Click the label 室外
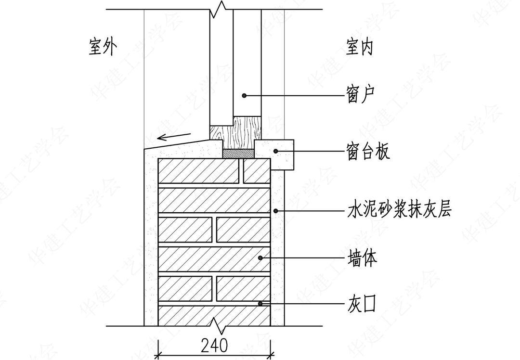click(x=103, y=47)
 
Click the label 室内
click(x=360, y=47)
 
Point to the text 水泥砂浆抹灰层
click(x=399, y=210)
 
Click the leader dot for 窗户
click(x=245, y=96)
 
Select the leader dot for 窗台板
click(x=276, y=151)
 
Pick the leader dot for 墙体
click(x=260, y=258)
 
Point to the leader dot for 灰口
click(x=260, y=304)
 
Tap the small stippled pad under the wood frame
click(x=238, y=153)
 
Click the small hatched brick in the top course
click(x=256, y=171)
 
